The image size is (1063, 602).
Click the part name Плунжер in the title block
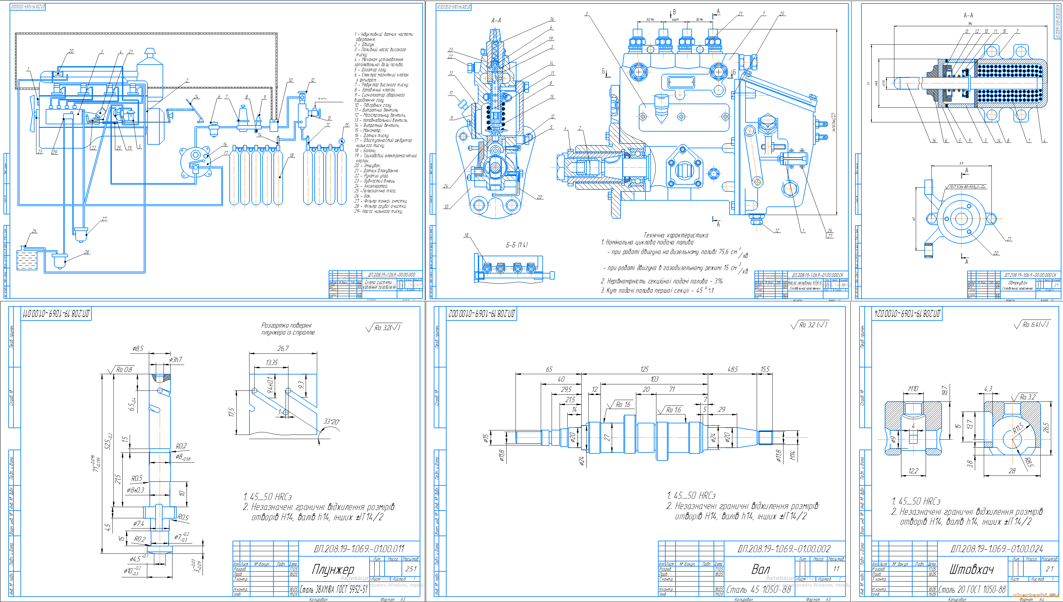333,569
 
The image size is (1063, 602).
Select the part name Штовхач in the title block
971,569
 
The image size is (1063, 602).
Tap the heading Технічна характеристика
675,235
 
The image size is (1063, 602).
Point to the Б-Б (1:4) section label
516,245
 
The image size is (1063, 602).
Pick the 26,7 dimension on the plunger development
283,349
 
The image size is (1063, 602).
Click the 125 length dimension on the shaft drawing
644,369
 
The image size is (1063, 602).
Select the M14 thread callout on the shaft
792,455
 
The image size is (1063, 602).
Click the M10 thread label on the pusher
913,389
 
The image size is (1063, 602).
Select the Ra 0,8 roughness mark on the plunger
124,369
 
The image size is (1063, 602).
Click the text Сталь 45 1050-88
758,589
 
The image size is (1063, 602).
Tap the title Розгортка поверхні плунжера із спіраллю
287,329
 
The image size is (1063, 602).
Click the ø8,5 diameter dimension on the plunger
138,349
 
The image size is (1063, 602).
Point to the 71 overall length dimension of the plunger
96,463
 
